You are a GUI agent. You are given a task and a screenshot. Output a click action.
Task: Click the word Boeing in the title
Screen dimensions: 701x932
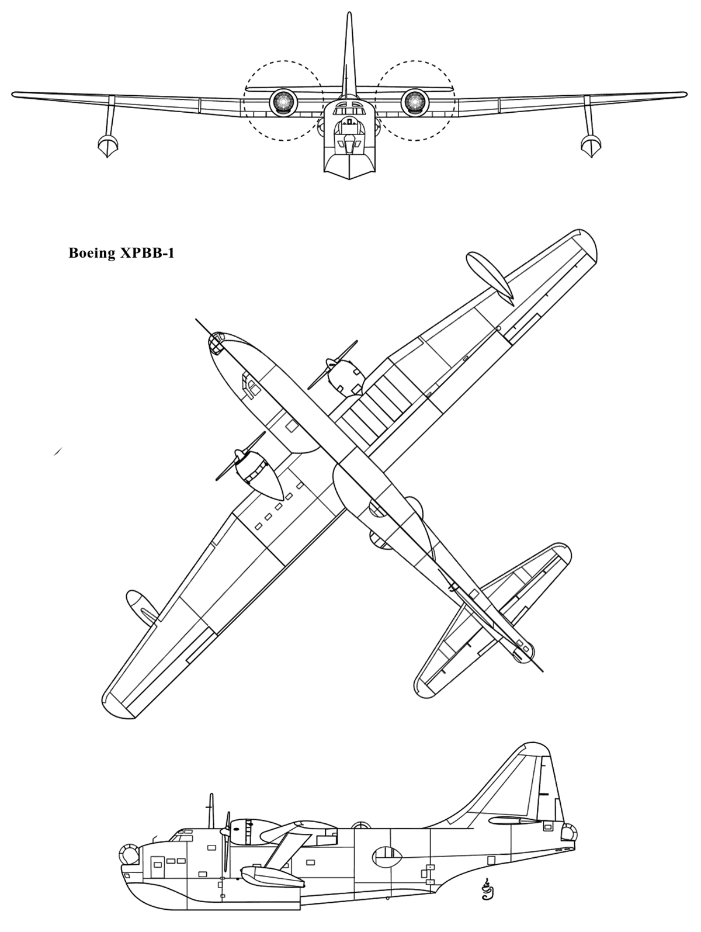tap(92, 254)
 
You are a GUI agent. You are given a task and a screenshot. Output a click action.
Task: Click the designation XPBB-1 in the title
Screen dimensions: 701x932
tap(147, 253)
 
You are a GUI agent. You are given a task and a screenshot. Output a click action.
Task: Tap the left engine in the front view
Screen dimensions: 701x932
tap(283, 102)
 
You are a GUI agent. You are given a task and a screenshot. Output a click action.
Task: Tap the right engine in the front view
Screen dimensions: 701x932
tap(415, 102)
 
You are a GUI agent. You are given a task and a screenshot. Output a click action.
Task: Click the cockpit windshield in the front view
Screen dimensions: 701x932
tap(349, 110)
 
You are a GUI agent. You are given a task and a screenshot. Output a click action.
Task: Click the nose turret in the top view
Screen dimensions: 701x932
tap(216, 342)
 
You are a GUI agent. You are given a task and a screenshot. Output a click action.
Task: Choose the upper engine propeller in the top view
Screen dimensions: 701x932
tap(332, 365)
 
